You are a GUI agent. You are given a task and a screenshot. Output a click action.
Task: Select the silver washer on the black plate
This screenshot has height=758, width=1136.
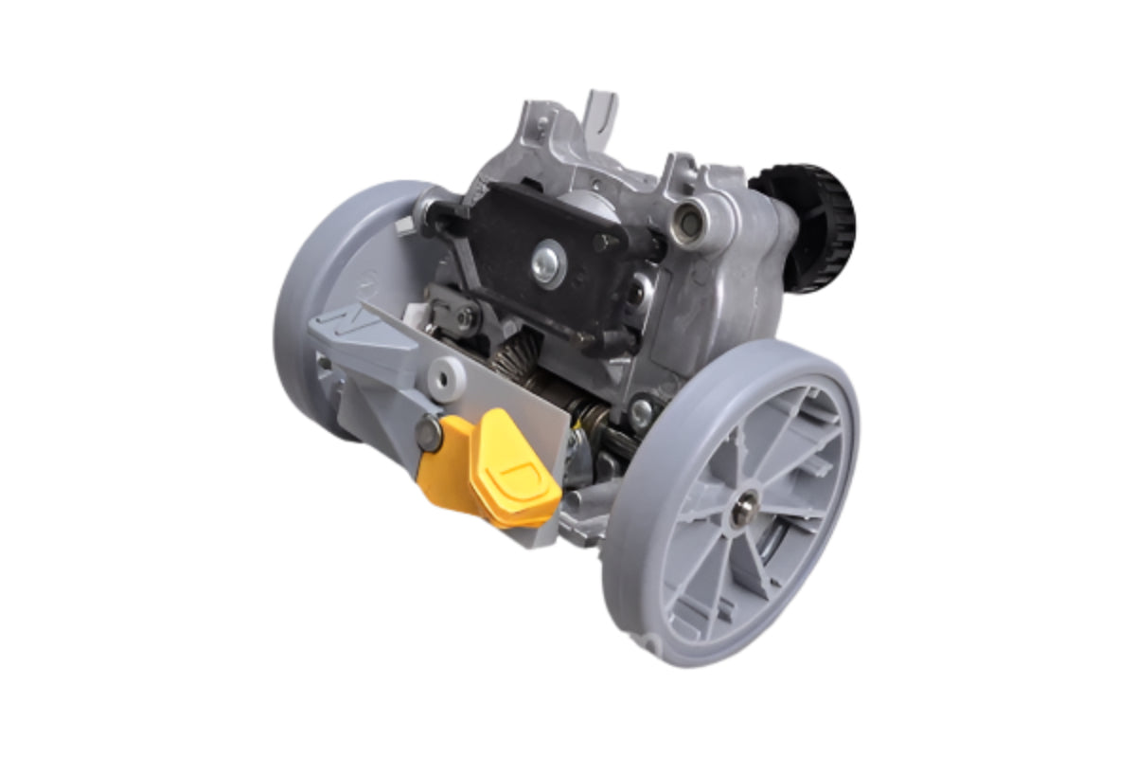pos(547,264)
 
